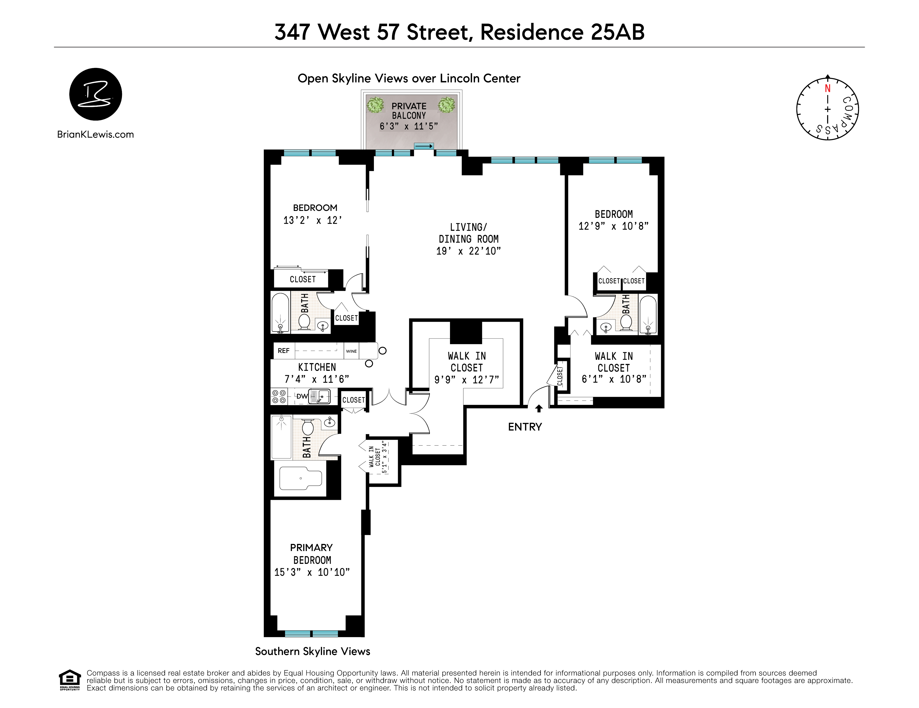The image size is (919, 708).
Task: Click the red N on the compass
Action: click(x=827, y=89)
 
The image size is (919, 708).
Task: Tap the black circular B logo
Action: click(x=96, y=94)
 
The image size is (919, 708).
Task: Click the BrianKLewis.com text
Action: click(x=96, y=134)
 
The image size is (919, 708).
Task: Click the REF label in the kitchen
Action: click(x=284, y=351)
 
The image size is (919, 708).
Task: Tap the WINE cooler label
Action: click(x=351, y=351)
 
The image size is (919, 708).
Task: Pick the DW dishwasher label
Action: click(x=302, y=396)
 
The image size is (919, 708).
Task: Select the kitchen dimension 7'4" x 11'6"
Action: click(x=317, y=379)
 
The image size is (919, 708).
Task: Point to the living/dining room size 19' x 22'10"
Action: click(x=468, y=251)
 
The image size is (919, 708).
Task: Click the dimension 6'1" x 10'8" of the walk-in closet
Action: click(x=614, y=379)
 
